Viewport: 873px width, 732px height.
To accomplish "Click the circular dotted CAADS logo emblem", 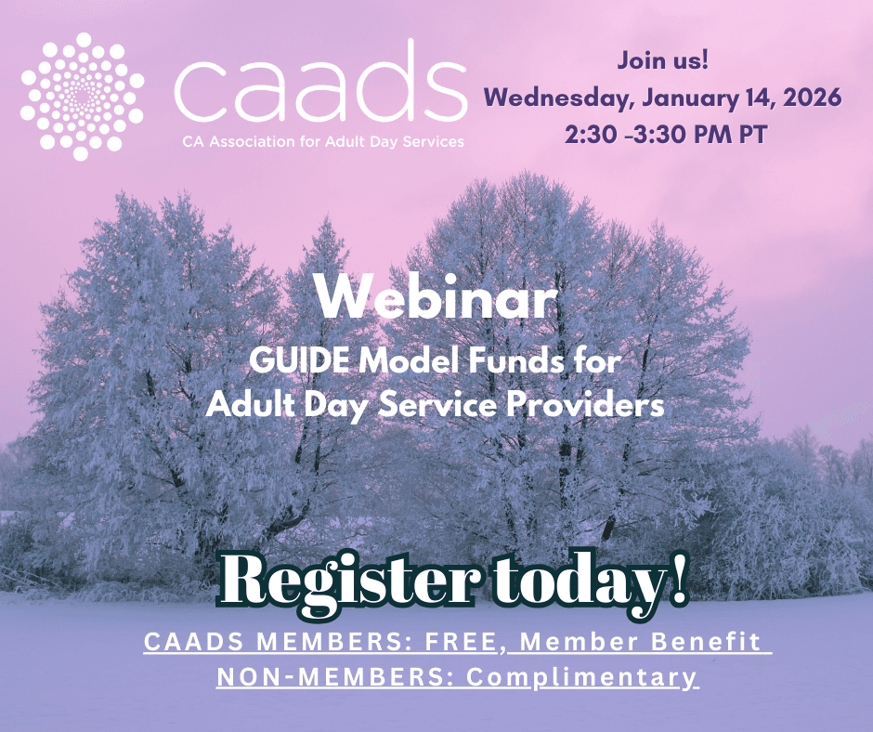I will pyautogui.click(x=83, y=95).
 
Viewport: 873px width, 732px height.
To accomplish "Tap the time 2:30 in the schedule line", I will pyautogui.click(x=592, y=133).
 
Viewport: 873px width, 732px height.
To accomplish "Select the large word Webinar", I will pyautogui.click(x=436, y=297).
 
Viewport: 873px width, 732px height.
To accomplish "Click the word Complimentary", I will pyautogui.click(x=581, y=677).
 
